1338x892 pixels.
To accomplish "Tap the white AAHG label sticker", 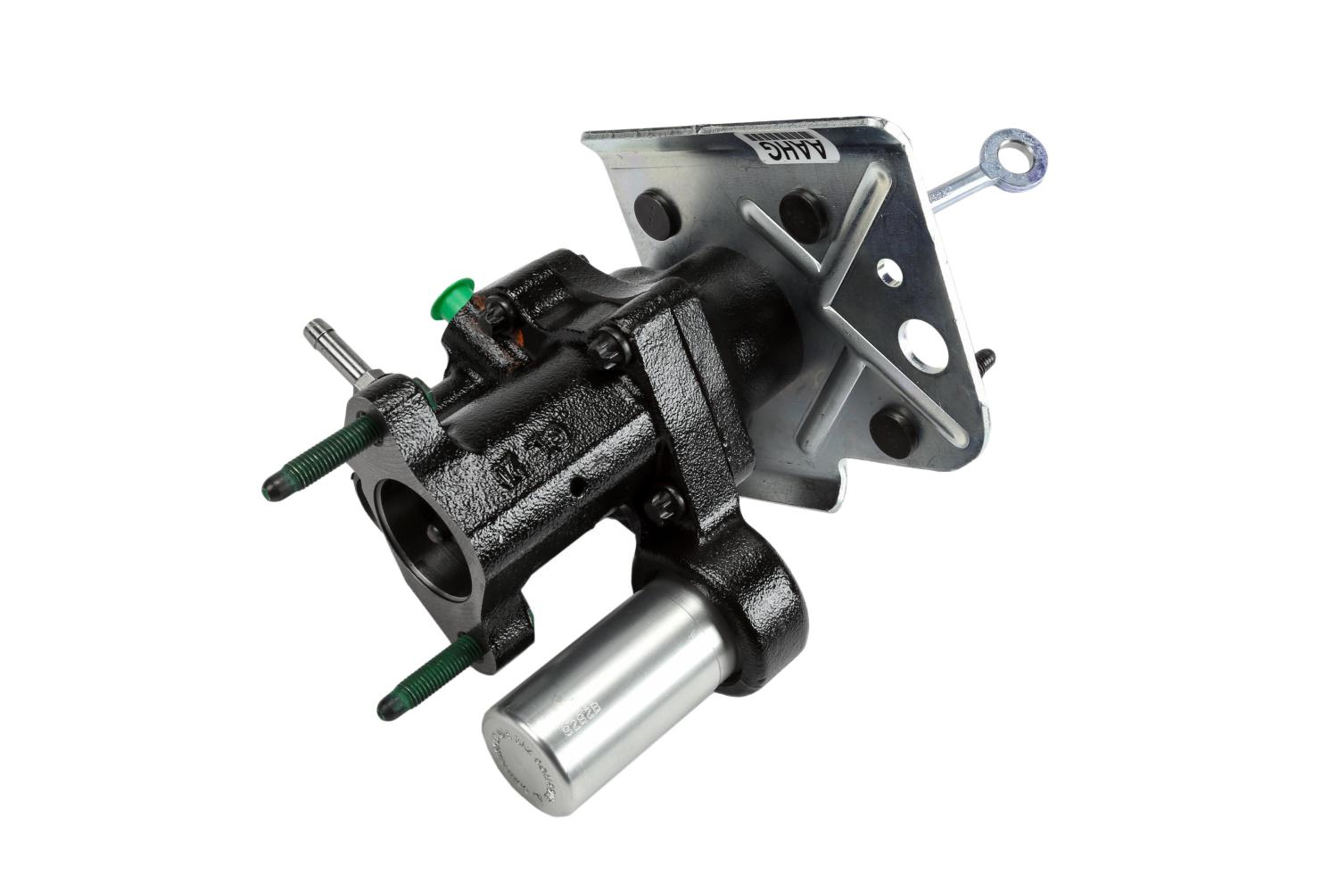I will (792, 144).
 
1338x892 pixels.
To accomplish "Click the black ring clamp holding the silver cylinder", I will (758, 615).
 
